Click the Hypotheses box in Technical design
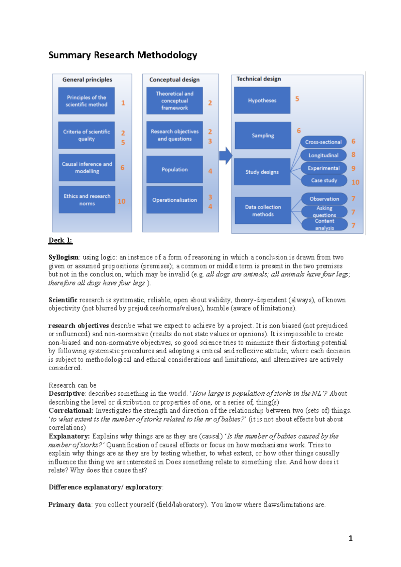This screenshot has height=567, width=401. [262, 100]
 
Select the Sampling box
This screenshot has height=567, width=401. [263, 135]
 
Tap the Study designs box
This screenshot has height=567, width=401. [262, 172]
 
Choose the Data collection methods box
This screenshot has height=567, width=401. [263, 210]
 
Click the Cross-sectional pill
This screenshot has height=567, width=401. [323, 142]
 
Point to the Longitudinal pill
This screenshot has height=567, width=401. [323, 155]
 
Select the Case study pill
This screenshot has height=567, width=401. [324, 180]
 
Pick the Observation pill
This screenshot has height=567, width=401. [324, 199]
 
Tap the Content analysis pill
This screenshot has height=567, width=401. [324, 224]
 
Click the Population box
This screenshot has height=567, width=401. [174, 169]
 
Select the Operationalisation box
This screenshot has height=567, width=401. [174, 200]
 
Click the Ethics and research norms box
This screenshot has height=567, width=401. [87, 200]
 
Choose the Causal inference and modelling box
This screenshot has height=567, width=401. [87, 167]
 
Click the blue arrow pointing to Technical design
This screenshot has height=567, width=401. [226, 156]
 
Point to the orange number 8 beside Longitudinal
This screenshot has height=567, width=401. [353, 155]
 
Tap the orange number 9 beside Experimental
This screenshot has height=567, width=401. [353, 168]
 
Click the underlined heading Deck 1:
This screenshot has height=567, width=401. [60, 240]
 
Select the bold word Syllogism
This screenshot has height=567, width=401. [63, 257]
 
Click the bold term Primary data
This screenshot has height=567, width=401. [70, 504]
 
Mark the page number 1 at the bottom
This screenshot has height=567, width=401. [351, 538]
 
